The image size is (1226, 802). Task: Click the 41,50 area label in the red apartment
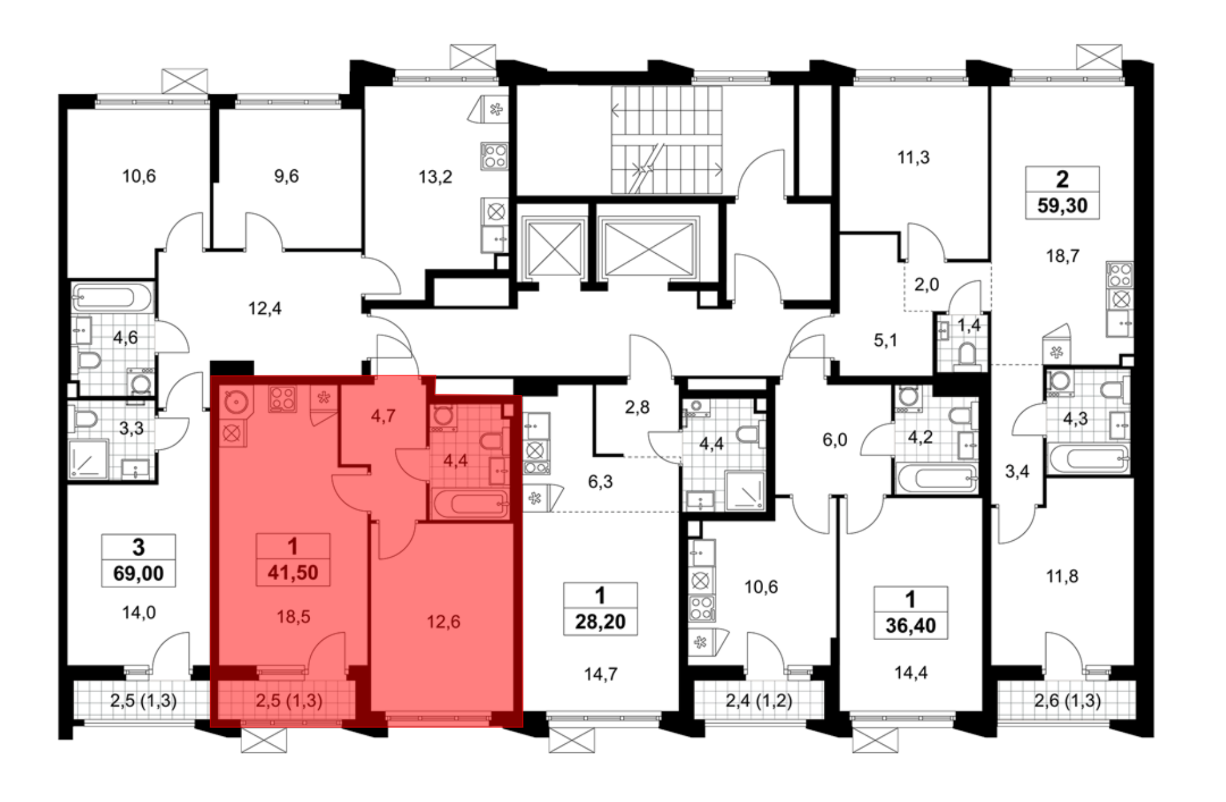(x=293, y=573)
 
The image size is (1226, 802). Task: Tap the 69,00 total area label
(x=139, y=574)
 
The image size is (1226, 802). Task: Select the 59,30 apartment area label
(x=1062, y=205)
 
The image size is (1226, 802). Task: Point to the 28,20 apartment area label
(x=600, y=622)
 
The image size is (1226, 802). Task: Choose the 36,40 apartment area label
(x=910, y=626)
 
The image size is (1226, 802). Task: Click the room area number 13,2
(x=435, y=177)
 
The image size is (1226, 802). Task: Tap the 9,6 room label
(x=286, y=177)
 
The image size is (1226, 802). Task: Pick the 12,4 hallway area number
(x=265, y=308)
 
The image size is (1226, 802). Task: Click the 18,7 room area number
(x=1062, y=256)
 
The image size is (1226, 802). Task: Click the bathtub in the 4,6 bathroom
(x=111, y=298)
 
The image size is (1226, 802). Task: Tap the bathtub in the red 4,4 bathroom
(x=470, y=504)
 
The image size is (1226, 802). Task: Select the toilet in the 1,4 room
(x=967, y=354)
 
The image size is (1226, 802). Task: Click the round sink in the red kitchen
(x=235, y=401)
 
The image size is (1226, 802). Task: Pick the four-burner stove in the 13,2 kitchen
(x=494, y=156)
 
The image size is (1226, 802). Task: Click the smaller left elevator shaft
(x=554, y=249)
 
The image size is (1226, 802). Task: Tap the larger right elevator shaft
(x=649, y=248)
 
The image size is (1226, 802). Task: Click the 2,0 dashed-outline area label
(x=926, y=285)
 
